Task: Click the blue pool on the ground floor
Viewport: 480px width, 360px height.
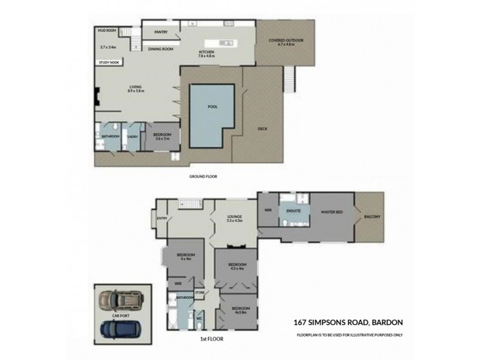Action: (211, 114)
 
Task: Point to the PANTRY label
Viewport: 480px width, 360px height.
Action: (160, 32)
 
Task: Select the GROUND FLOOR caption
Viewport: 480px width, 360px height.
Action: (202, 177)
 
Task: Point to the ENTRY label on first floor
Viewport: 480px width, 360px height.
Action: (161, 218)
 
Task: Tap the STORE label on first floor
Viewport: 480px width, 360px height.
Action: (200, 292)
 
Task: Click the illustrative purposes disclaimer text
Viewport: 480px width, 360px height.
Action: (349, 334)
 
